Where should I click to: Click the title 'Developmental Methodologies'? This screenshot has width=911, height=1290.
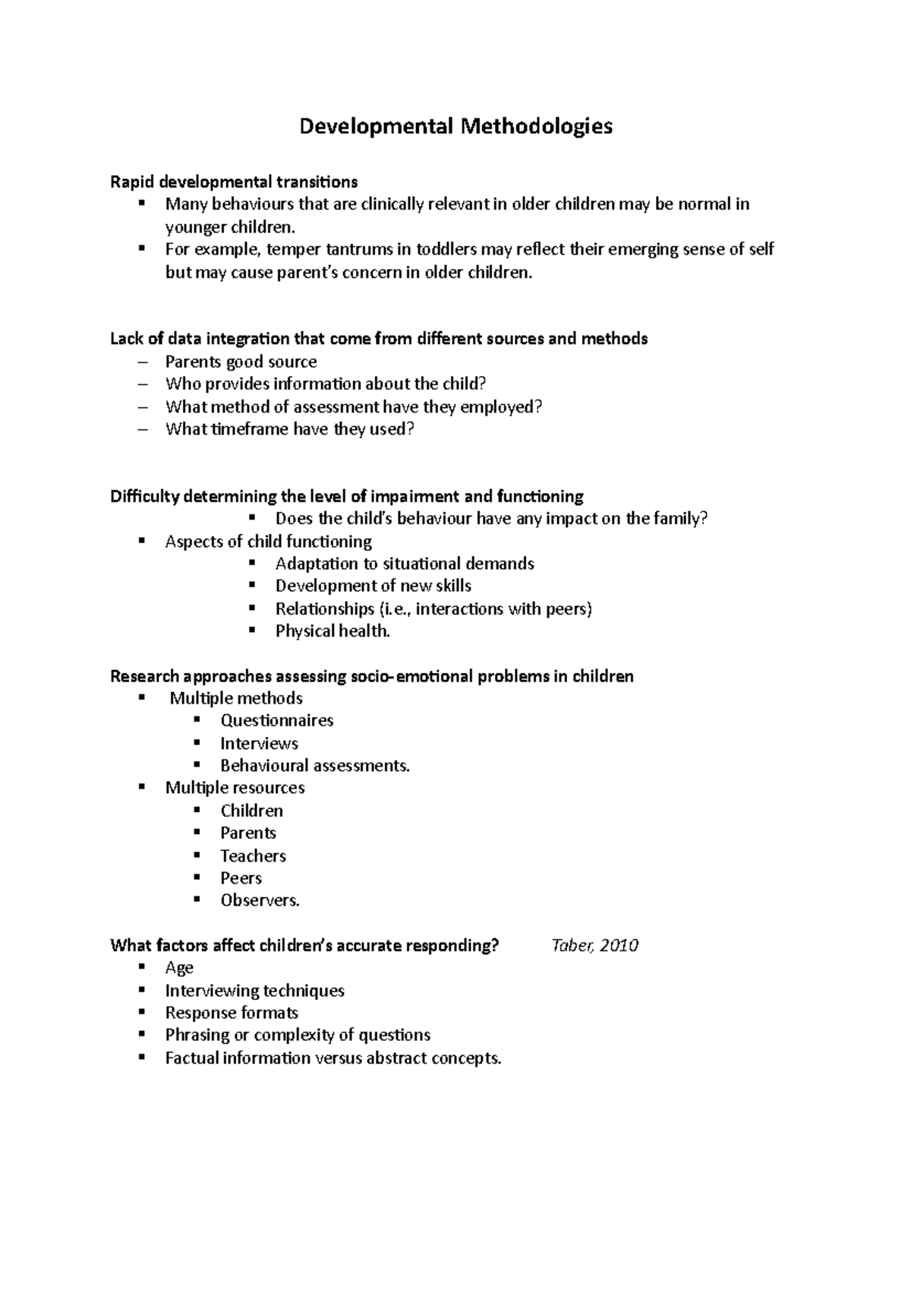coord(455,125)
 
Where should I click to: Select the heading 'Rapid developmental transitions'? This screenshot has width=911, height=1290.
coord(234,182)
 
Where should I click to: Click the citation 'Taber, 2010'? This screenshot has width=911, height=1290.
coord(594,945)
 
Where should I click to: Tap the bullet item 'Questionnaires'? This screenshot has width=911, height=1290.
coord(277,720)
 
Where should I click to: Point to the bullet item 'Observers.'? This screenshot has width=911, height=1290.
coord(260,900)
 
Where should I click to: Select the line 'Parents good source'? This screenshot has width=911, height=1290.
coord(241,362)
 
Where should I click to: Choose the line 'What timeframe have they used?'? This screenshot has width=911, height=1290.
coord(290,429)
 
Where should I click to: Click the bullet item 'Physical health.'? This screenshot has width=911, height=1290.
coord(333,631)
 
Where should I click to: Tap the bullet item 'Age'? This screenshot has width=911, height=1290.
coord(179,968)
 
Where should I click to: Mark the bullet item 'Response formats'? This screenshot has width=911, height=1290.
coord(232,1013)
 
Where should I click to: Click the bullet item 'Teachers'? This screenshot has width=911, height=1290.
coord(253,856)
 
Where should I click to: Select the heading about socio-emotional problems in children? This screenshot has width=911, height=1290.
coord(372,676)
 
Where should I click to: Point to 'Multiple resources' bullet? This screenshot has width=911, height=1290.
coord(235,788)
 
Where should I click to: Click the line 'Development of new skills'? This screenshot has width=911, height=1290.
coord(374,586)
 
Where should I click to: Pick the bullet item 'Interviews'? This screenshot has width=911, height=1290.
coord(259,743)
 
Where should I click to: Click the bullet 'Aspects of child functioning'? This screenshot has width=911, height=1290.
coord(268,542)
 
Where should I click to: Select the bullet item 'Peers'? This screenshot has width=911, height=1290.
coord(241,878)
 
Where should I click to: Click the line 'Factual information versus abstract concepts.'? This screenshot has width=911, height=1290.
coord(333,1058)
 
